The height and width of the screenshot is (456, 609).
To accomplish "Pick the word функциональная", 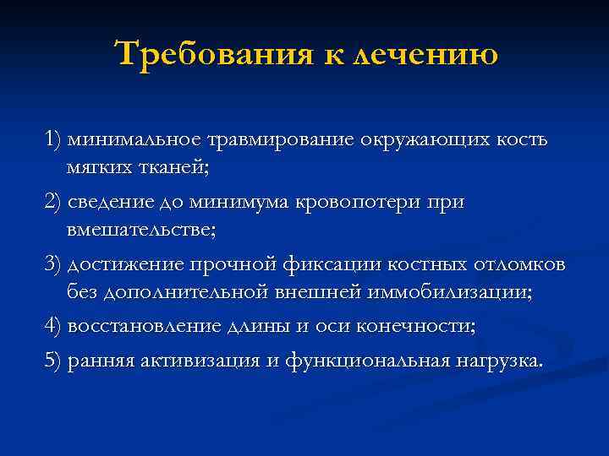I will tap(368, 361).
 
